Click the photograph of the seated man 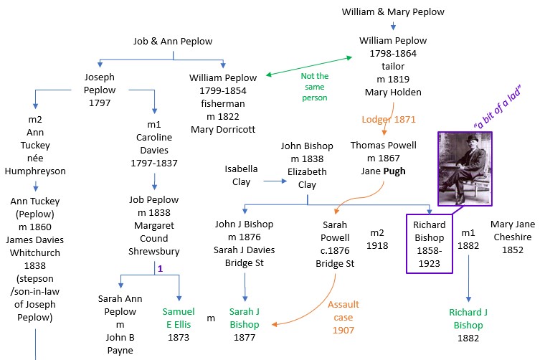click(x=465, y=169)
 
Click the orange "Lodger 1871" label click(x=388, y=119)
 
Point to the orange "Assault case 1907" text click(x=343, y=317)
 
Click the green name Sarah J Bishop click(x=244, y=318)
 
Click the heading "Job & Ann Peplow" click(x=174, y=42)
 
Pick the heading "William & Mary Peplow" click(x=393, y=12)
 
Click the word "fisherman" click(x=222, y=103)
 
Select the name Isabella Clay click(x=242, y=176)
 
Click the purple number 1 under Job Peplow click(x=161, y=268)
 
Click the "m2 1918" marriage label click(x=377, y=239)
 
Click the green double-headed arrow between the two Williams click(x=310, y=65)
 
